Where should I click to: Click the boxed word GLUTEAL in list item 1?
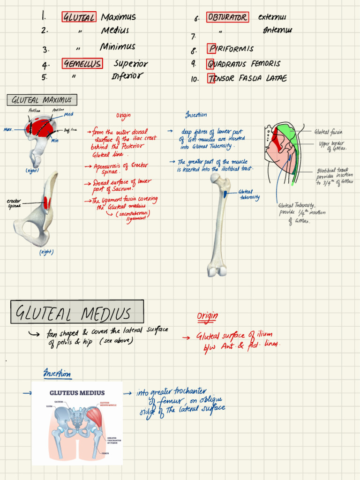pos(79,17)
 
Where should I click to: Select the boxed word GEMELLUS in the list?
pos(82,64)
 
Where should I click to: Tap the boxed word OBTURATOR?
pos(227,17)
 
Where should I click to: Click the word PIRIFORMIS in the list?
pos(232,49)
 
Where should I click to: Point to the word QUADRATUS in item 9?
pos(228,64)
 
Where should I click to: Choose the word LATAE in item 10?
pos(276,78)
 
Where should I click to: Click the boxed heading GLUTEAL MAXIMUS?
pos(42,100)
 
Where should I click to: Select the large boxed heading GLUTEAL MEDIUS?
pos(77,313)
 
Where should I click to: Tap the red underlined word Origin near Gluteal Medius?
pos(207,316)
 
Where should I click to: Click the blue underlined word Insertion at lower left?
pos(57,374)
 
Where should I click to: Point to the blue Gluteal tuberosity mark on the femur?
pos(226,193)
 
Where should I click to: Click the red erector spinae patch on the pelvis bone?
pos(46,202)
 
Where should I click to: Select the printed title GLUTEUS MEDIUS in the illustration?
pos(77,393)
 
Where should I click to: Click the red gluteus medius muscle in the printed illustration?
pos(94,416)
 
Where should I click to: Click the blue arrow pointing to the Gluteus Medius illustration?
pos(27,393)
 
